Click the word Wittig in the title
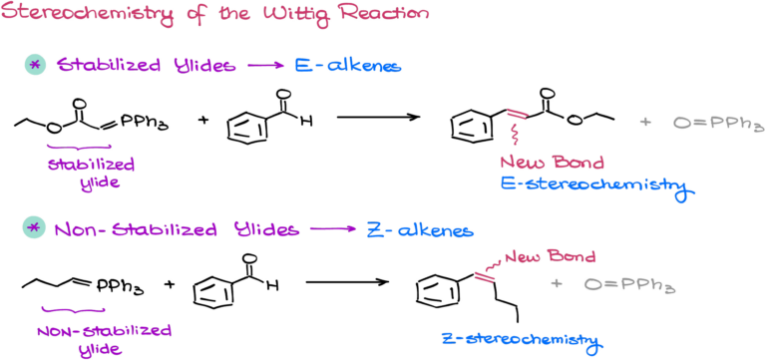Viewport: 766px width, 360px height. click(x=303, y=16)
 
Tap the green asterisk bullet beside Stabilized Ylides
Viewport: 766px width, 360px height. click(x=35, y=65)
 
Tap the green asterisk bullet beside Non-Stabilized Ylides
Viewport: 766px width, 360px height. click(x=35, y=228)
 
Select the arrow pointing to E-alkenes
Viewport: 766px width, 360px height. click(x=264, y=66)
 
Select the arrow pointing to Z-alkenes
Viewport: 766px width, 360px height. click(x=333, y=229)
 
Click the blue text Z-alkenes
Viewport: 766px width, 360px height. click(x=419, y=229)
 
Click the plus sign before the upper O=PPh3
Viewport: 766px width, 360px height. click(x=645, y=122)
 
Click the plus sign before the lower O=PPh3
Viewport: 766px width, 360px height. click(x=557, y=284)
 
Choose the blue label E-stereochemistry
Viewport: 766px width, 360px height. click(x=594, y=185)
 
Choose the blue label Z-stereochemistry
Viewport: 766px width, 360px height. click(x=521, y=341)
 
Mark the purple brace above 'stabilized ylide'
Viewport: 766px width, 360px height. click(x=80, y=148)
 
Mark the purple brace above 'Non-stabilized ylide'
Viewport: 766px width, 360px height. click(x=73, y=311)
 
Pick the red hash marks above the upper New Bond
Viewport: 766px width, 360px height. click(x=517, y=115)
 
